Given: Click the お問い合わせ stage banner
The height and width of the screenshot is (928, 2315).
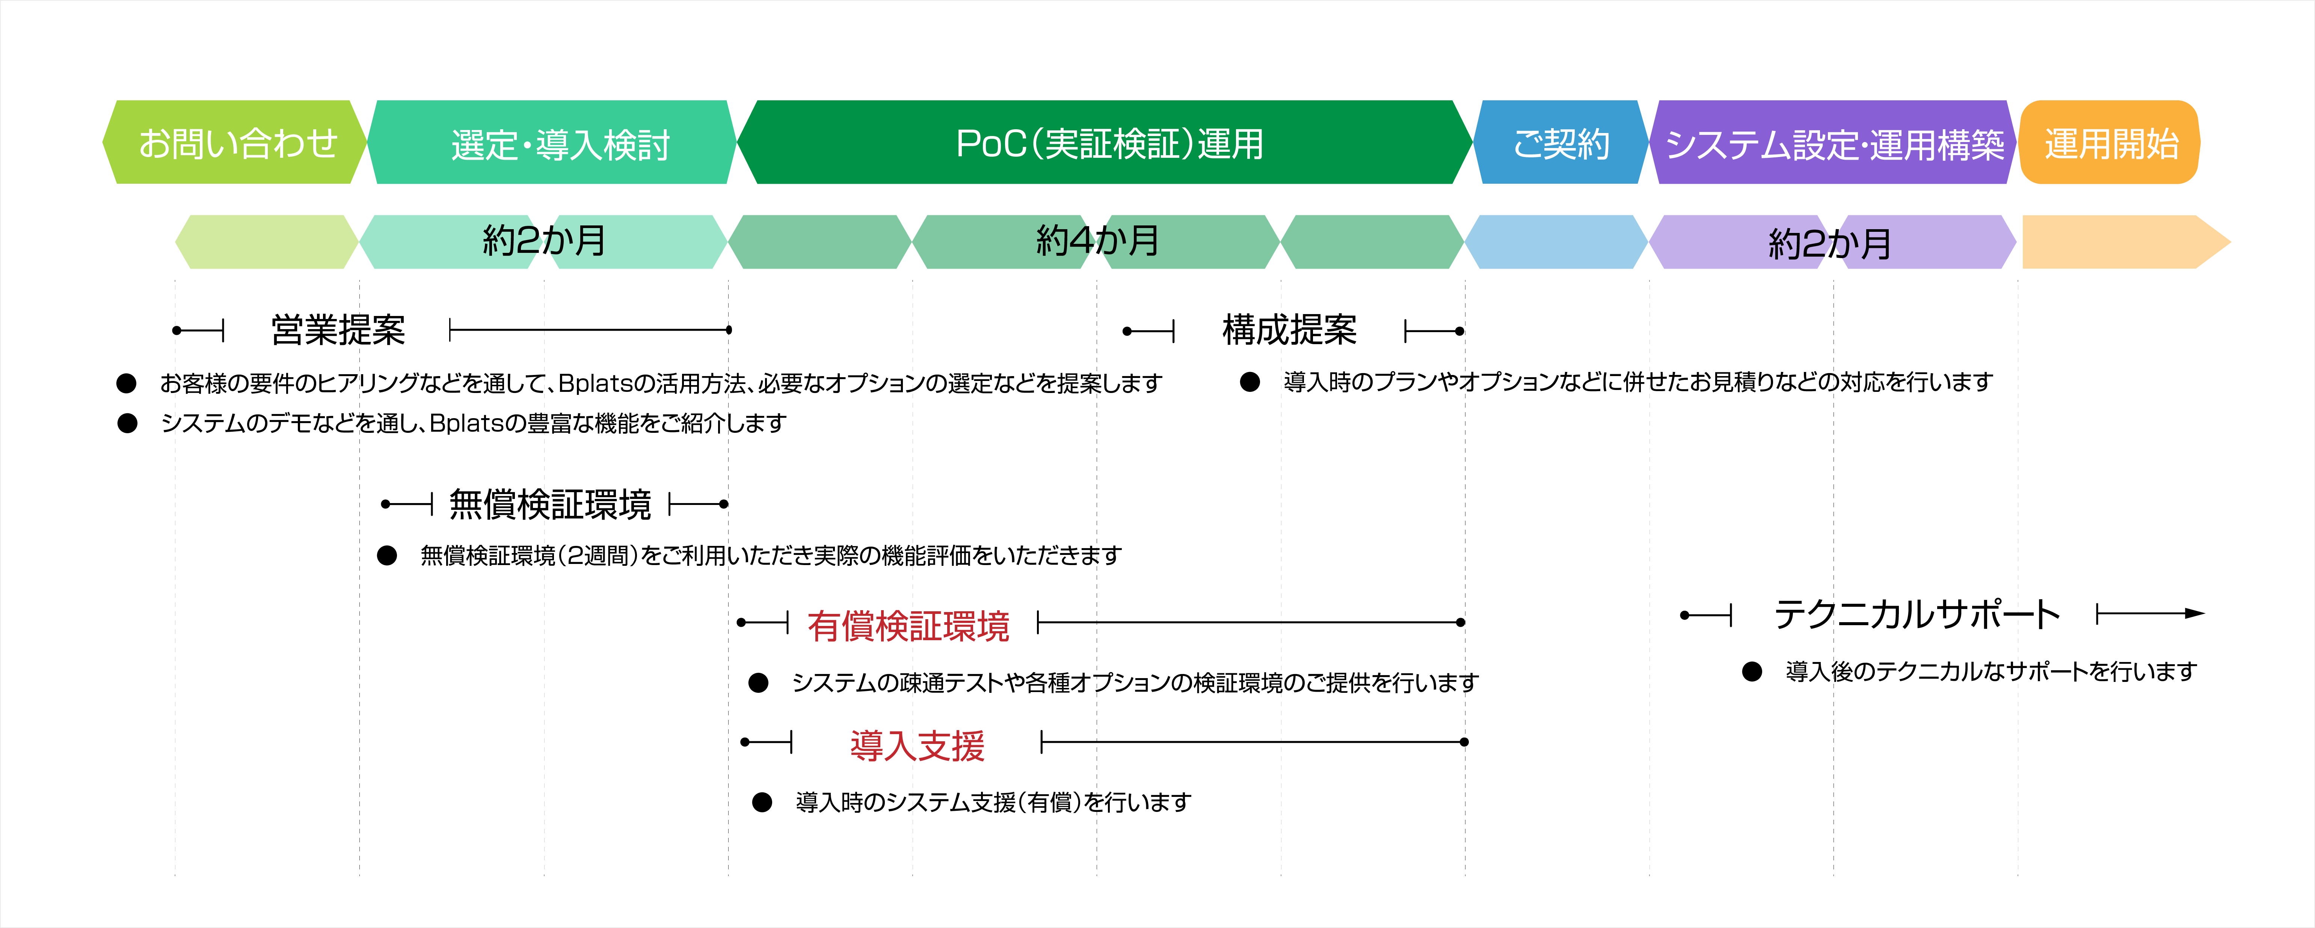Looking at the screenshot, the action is tap(235, 142).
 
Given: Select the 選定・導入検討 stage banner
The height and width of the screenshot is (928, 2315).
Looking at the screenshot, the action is tap(552, 142).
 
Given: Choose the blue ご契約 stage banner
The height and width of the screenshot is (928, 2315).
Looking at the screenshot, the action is tap(1561, 142).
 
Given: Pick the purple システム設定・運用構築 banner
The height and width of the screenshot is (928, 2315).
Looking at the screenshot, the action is tap(1833, 142).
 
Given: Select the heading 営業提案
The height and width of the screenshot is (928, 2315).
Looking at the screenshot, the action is tap(338, 330).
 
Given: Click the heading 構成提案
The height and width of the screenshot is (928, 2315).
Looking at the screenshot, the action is tap(1290, 330).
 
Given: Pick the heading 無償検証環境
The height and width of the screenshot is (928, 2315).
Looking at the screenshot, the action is tap(550, 505).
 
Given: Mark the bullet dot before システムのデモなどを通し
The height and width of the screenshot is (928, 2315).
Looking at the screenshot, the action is tap(128, 423).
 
